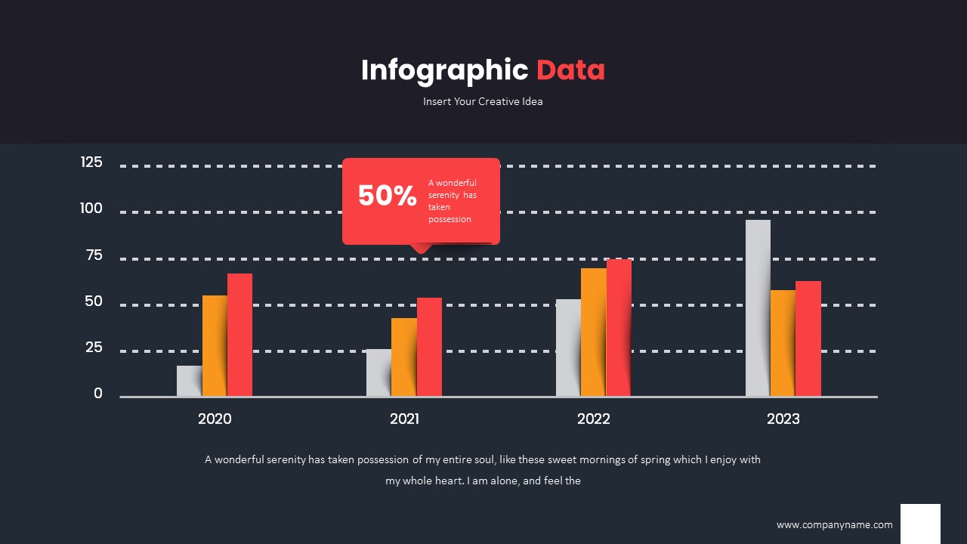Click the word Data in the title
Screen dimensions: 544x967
570,70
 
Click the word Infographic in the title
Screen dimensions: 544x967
444,70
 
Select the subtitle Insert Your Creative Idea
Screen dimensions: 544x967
483,101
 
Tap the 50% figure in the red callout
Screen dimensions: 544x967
387,196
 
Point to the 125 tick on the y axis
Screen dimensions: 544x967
91,162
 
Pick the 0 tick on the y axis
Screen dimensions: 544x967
98,393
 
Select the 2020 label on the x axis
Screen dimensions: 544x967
215,419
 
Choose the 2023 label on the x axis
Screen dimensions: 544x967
783,419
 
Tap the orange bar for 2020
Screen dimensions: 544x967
215,345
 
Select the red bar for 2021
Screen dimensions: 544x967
429,347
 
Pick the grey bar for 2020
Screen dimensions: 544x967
189,381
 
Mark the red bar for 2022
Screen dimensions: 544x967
619,327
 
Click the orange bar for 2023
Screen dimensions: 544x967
783,343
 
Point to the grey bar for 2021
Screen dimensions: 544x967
378,372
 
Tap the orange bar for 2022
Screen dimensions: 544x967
593,332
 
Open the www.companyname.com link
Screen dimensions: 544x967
834,524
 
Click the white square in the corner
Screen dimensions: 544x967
920,523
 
